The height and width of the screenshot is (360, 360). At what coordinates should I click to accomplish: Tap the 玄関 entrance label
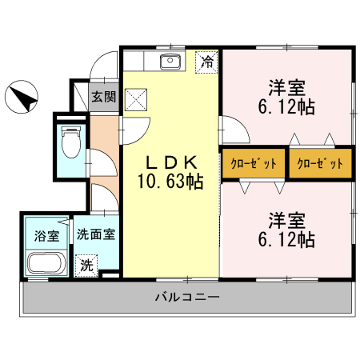pos(102,98)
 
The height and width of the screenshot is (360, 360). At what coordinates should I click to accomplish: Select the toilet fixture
pos(70,142)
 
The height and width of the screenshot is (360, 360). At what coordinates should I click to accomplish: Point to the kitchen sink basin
pos(170,62)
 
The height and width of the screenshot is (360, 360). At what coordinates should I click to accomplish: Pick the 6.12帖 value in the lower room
pos(286,238)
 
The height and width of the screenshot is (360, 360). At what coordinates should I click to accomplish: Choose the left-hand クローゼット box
pos(254,163)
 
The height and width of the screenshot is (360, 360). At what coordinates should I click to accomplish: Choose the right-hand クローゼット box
pos(319,163)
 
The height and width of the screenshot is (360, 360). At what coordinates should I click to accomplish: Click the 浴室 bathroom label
pos(46,236)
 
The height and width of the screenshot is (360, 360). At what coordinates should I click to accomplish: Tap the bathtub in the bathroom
pos(47,263)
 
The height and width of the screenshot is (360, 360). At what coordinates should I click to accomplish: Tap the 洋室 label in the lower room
pos(286,218)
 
